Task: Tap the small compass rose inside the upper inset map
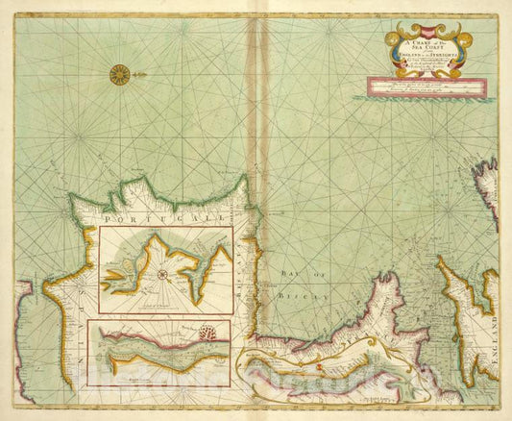164,275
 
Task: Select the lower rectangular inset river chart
158,353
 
